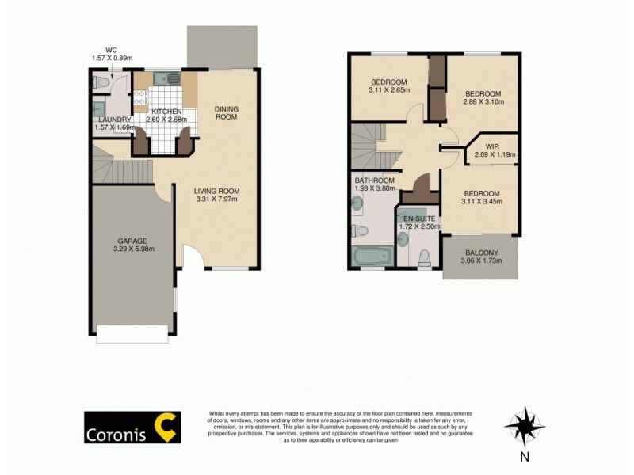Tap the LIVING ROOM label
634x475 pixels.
pyautogui.click(x=217, y=191)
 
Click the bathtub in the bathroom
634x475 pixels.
pyautogui.click(x=370, y=256)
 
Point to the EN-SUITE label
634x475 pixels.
pyautogui.click(x=420, y=218)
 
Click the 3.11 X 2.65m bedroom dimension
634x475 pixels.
pyautogui.click(x=388, y=91)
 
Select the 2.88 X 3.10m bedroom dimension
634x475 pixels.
pyautogui.click(x=483, y=102)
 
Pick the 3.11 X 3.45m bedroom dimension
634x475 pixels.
pyautogui.click(x=482, y=202)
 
